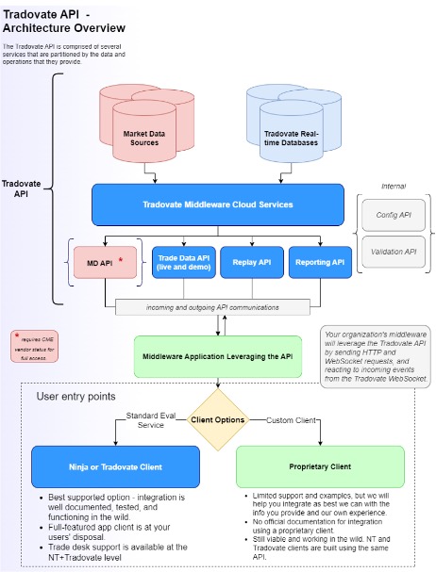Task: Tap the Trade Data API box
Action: (x=182, y=263)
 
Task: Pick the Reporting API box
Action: (x=318, y=263)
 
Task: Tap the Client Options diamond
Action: (x=219, y=419)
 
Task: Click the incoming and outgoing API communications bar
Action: (x=212, y=307)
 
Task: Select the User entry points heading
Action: (x=75, y=397)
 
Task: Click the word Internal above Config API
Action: (x=394, y=186)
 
